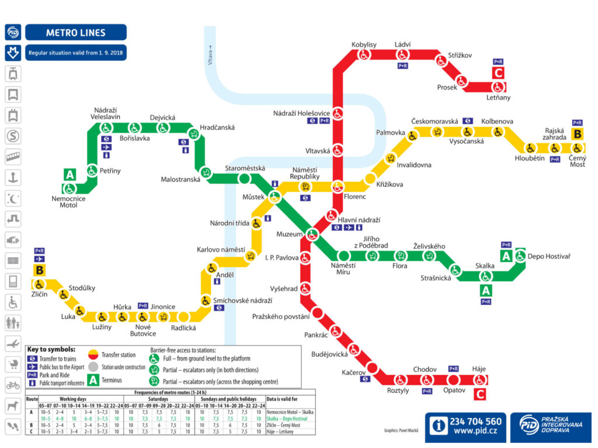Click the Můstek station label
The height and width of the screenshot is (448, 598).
[253, 197]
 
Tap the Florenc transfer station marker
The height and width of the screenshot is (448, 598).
[338, 187]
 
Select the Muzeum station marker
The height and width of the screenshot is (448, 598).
[312, 235]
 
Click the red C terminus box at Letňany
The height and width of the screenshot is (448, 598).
[498, 73]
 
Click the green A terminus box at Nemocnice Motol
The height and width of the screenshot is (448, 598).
[70, 174]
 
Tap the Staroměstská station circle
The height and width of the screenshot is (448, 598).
[245, 179]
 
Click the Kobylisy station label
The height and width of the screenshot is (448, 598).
[364, 44]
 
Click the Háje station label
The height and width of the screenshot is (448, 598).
[479, 369]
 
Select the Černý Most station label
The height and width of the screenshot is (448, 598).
[577, 161]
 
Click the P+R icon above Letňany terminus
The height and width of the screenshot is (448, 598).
[498, 61]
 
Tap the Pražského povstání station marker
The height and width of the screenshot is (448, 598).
[319, 312]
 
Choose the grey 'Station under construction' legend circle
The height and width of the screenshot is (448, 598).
[94, 367]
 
